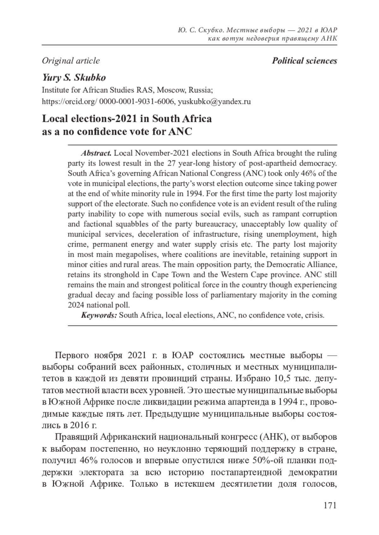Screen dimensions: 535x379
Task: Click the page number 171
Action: [x=330, y=505]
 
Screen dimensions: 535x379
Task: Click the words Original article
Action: [x=71, y=61]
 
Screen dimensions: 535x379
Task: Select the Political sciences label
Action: [x=304, y=61]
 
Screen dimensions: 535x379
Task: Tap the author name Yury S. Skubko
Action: [x=74, y=78]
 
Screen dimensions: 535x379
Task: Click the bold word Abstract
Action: [x=96, y=153]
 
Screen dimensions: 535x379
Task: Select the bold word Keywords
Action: [x=99, y=315]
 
